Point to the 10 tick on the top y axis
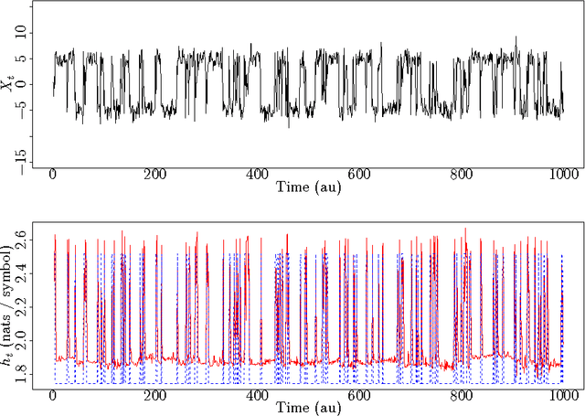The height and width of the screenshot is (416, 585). (25, 33)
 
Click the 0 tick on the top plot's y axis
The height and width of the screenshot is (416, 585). (25, 84)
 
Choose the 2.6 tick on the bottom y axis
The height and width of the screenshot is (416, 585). (25, 241)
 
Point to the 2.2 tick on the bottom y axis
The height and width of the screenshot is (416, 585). (25, 307)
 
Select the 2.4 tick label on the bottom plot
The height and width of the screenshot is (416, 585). (25, 274)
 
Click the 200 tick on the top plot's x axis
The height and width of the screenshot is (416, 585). (154, 175)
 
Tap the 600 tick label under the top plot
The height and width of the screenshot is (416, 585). (359, 175)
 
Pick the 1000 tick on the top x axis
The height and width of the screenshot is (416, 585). (563, 175)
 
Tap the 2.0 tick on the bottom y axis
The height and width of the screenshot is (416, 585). (25, 340)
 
